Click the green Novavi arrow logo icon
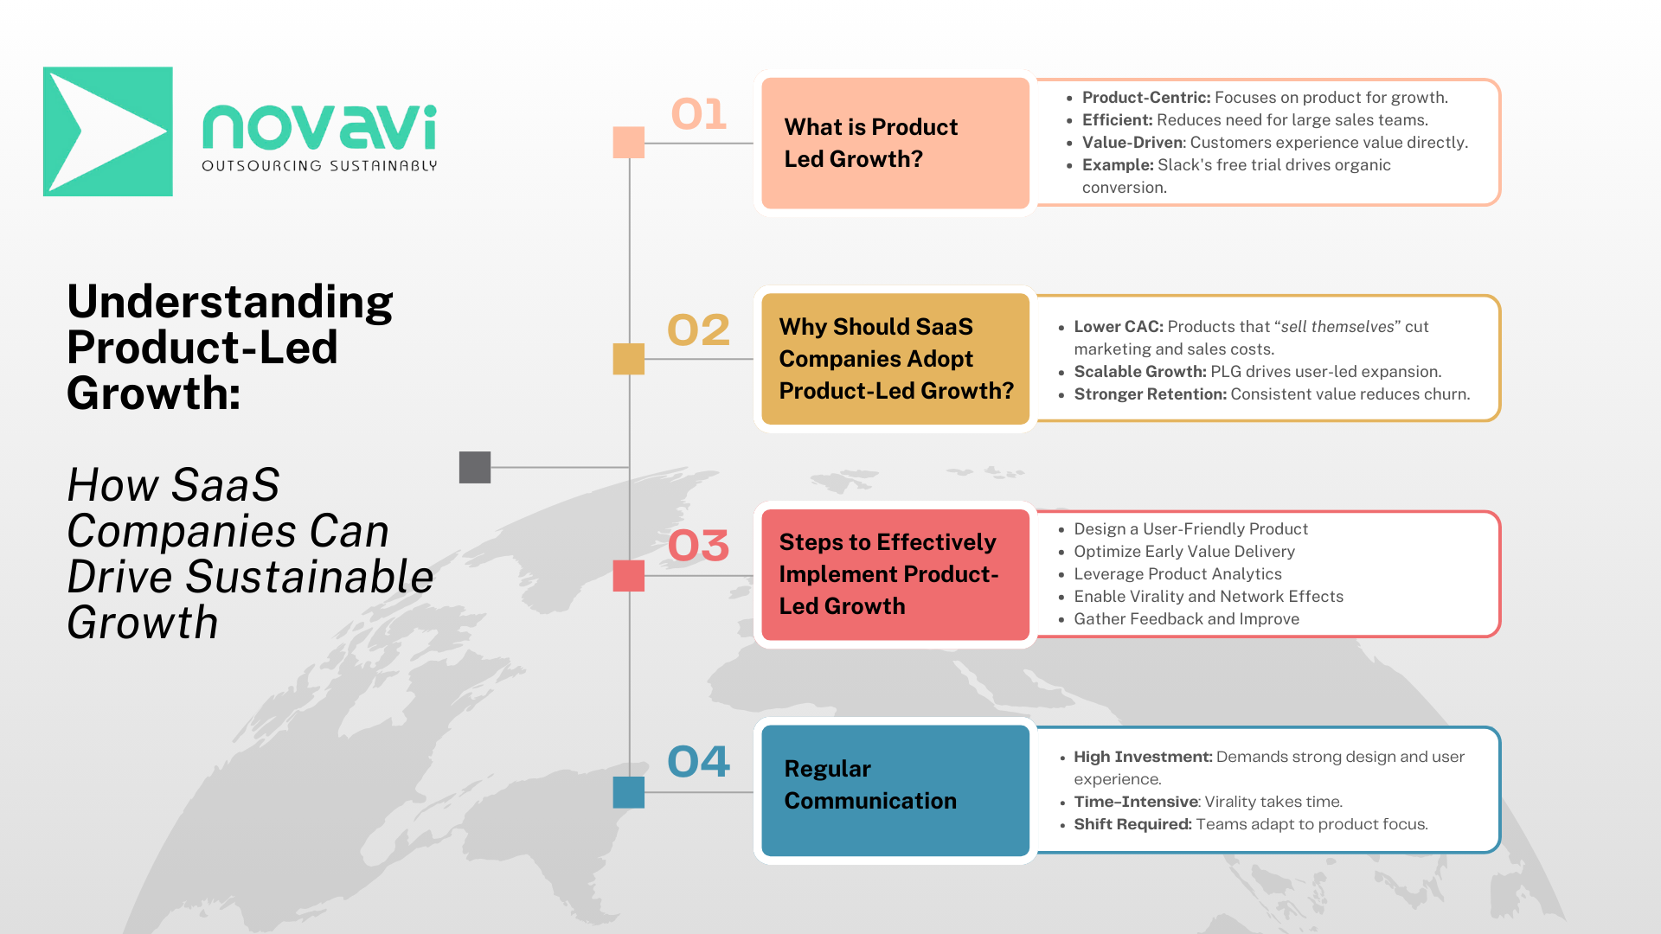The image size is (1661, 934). click(x=108, y=131)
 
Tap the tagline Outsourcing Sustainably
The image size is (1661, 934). click(x=319, y=166)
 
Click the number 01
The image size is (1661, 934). click(x=699, y=114)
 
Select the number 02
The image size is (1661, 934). click(x=699, y=330)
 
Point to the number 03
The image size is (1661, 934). click(x=699, y=546)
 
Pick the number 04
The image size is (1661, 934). click(x=699, y=762)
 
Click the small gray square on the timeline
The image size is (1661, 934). click(x=475, y=467)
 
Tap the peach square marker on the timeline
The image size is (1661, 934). click(x=629, y=143)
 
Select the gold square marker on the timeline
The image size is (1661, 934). click(x=629, y=359)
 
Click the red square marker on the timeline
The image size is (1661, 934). click(x=629, y=576)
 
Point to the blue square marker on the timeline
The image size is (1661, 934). click(x=629, y=792)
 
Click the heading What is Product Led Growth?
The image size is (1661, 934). click(x=871, y=144)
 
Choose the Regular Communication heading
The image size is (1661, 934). click(x=870, y=785)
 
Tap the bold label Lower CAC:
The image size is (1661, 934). click(x=1119, y=327)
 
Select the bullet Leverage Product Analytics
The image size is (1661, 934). click(x=1177, y=574)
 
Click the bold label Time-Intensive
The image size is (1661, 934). click(x=1136, y=802)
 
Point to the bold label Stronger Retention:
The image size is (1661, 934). click(x=1151, y=394)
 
